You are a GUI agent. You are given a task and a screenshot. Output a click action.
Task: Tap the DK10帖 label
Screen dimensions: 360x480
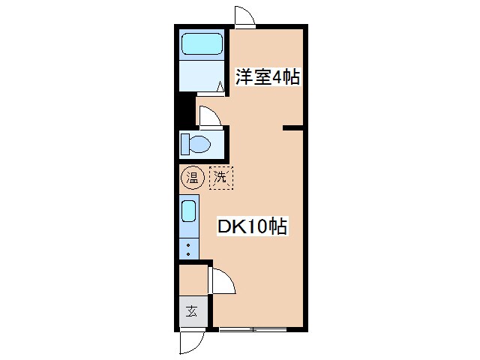pyautogui.click(x=252, y=226)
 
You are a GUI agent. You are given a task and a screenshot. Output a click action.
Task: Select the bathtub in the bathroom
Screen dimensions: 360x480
pyautogui.click(x=202, y=44)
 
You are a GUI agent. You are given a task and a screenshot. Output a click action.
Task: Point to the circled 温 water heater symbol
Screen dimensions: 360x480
pyautogui.click(x=192, y=178)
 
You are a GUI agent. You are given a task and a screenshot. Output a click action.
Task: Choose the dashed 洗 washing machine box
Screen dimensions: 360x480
pyautogui.click(x=220, y=178)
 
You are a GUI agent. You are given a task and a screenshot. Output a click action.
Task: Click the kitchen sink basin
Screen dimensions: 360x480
pyautogui.click(x=189, y=211)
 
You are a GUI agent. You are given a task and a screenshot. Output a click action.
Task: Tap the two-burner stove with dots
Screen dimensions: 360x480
pyautogui.click(x=189, y=247)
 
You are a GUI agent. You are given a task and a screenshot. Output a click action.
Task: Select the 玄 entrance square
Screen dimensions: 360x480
pyautogui.click(x=191, y=311)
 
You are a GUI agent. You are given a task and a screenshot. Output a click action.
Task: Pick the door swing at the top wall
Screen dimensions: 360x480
pyautogui.click(x=244, y=16)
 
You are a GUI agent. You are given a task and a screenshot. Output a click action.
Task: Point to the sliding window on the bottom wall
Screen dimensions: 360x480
pyautogui.click(x=255, y=329)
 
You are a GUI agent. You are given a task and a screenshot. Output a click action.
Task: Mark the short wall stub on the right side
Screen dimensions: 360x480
pyautogui.click(x=292, y=128)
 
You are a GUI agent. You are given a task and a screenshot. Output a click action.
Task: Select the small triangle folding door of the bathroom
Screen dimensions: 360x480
pyautogui.click(x=220, y=88)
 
